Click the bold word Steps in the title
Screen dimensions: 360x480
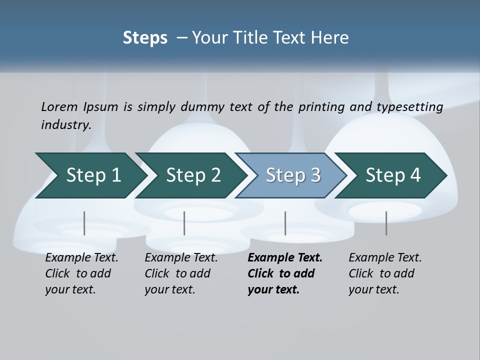(145, 38)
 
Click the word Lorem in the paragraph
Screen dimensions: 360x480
(59, 107)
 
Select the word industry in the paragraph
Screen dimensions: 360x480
(65, 125)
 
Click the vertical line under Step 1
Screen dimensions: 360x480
(84, 223)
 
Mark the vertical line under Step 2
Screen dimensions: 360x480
(184, 223)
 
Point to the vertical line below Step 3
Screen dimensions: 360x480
(285, 223)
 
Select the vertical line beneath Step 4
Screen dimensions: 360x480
(386, 223)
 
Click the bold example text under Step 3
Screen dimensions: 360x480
(284, 273)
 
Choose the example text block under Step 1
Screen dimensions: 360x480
(81, 273)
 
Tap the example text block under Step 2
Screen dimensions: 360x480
(180, 273)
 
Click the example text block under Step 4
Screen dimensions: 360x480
(384, 273)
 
